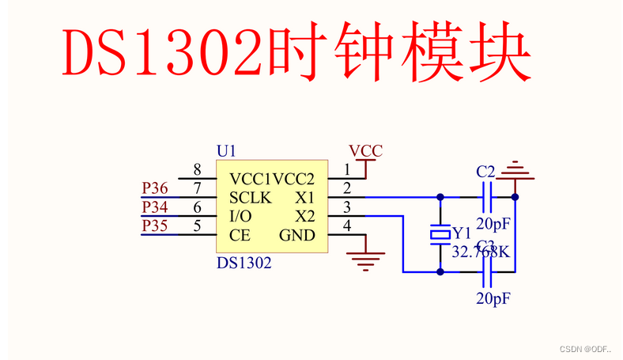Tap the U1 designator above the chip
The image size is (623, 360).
point(226,150)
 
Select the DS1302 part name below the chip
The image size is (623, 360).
point(244,263)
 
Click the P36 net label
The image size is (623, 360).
point(155,188)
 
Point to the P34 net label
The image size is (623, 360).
point(155,207)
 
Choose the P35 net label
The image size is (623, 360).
point(155,226)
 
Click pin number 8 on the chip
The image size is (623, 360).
point(198,170)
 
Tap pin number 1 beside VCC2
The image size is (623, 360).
point(346,170)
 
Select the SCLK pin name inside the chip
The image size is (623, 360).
point(251,197)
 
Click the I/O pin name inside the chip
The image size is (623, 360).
point(241,216)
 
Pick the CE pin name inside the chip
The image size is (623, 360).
point(240,235)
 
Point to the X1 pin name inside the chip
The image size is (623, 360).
point(304,197)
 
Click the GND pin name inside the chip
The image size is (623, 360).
point(296,235)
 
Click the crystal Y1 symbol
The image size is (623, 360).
point(440,234)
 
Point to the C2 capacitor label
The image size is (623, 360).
point(485,172)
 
